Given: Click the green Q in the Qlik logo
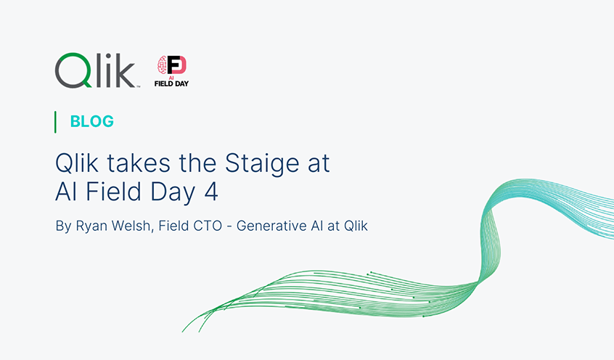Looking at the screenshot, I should click(x=73, y=70).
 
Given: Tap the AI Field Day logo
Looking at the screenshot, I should click(x=171, y=71).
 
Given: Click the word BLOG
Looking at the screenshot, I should click(x=92, y=122).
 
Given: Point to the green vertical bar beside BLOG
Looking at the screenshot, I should click(x=56, y=122).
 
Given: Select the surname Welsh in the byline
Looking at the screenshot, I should click(x=128, y=226).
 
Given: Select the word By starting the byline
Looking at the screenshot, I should click(x=63, y=226).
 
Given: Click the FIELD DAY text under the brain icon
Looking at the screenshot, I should click(x=171, y=83).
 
